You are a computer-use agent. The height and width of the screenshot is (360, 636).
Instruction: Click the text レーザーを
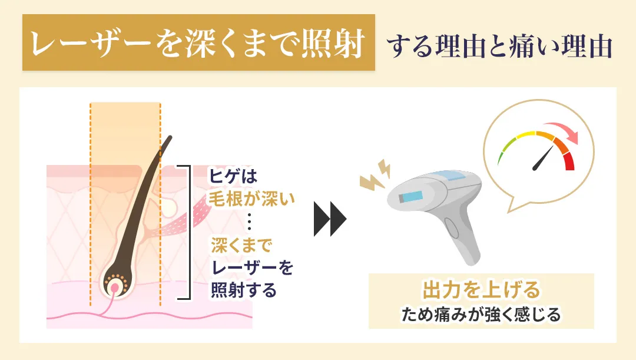click(251, 269)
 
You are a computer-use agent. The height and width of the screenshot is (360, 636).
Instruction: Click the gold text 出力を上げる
click(481, 290)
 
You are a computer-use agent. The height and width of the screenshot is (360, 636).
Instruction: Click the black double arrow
click(330, 219)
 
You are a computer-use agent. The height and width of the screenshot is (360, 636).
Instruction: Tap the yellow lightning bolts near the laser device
click(376, 174)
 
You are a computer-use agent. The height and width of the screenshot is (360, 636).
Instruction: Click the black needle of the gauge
click(543, 158)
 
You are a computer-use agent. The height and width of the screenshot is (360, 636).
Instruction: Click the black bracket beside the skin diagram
click(188, 233)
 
